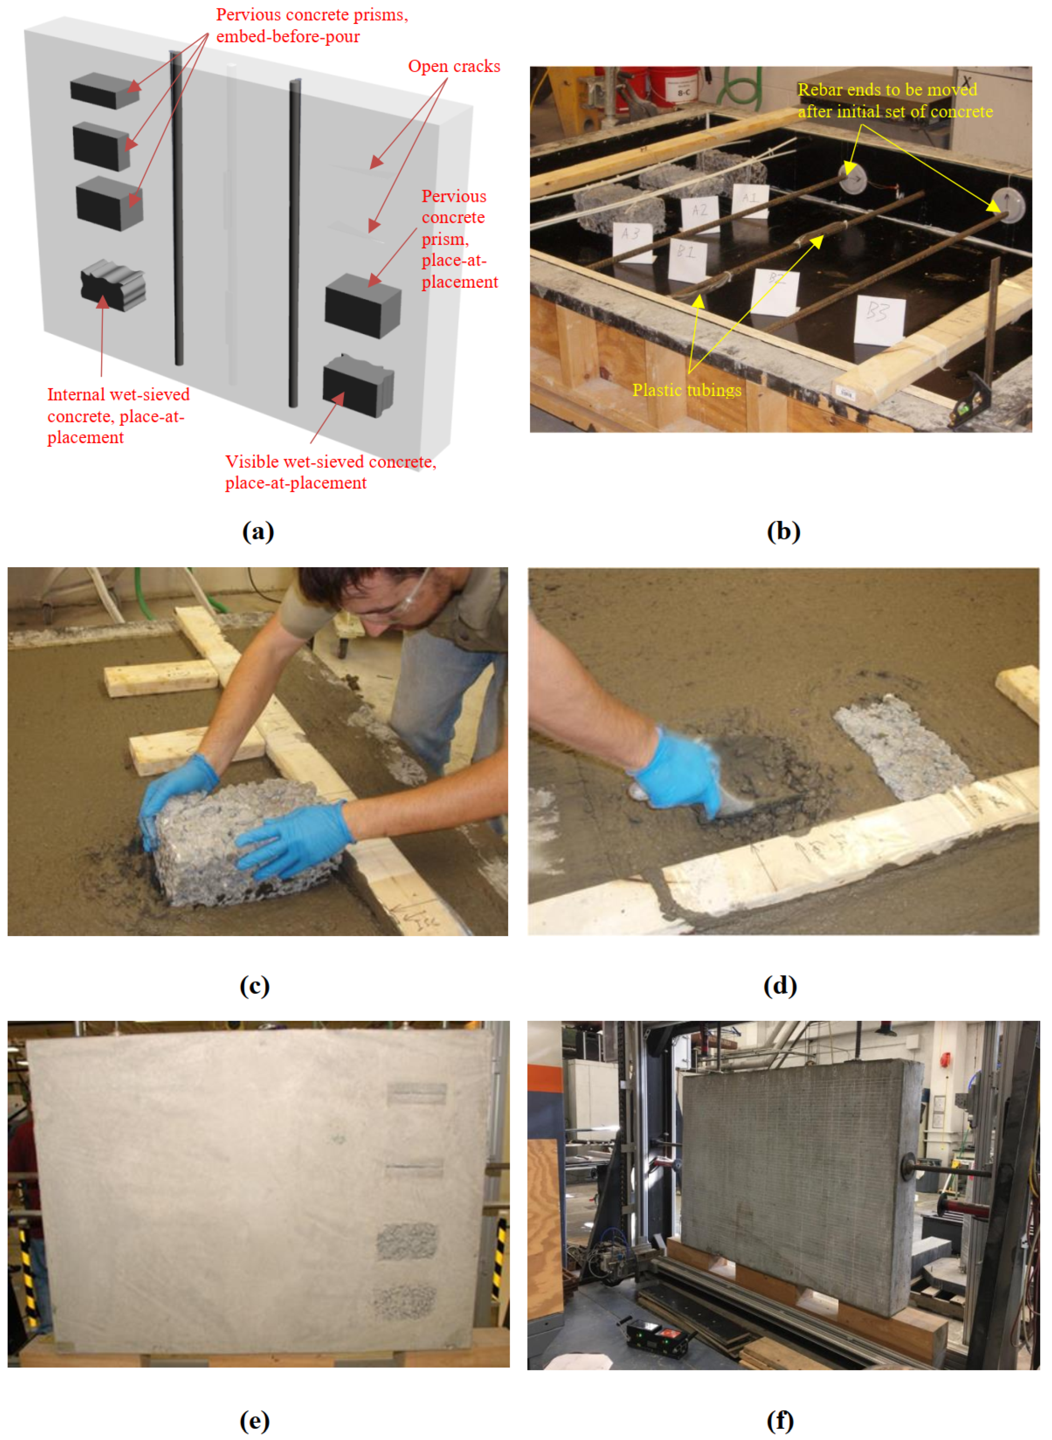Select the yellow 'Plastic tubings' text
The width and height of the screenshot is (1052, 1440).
pyautogui.click(x=687, y=390)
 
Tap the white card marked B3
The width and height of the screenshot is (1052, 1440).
pyautogui.click(x=879, y=320)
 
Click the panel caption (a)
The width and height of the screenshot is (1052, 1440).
pyautogui.click(x=258, y=531)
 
